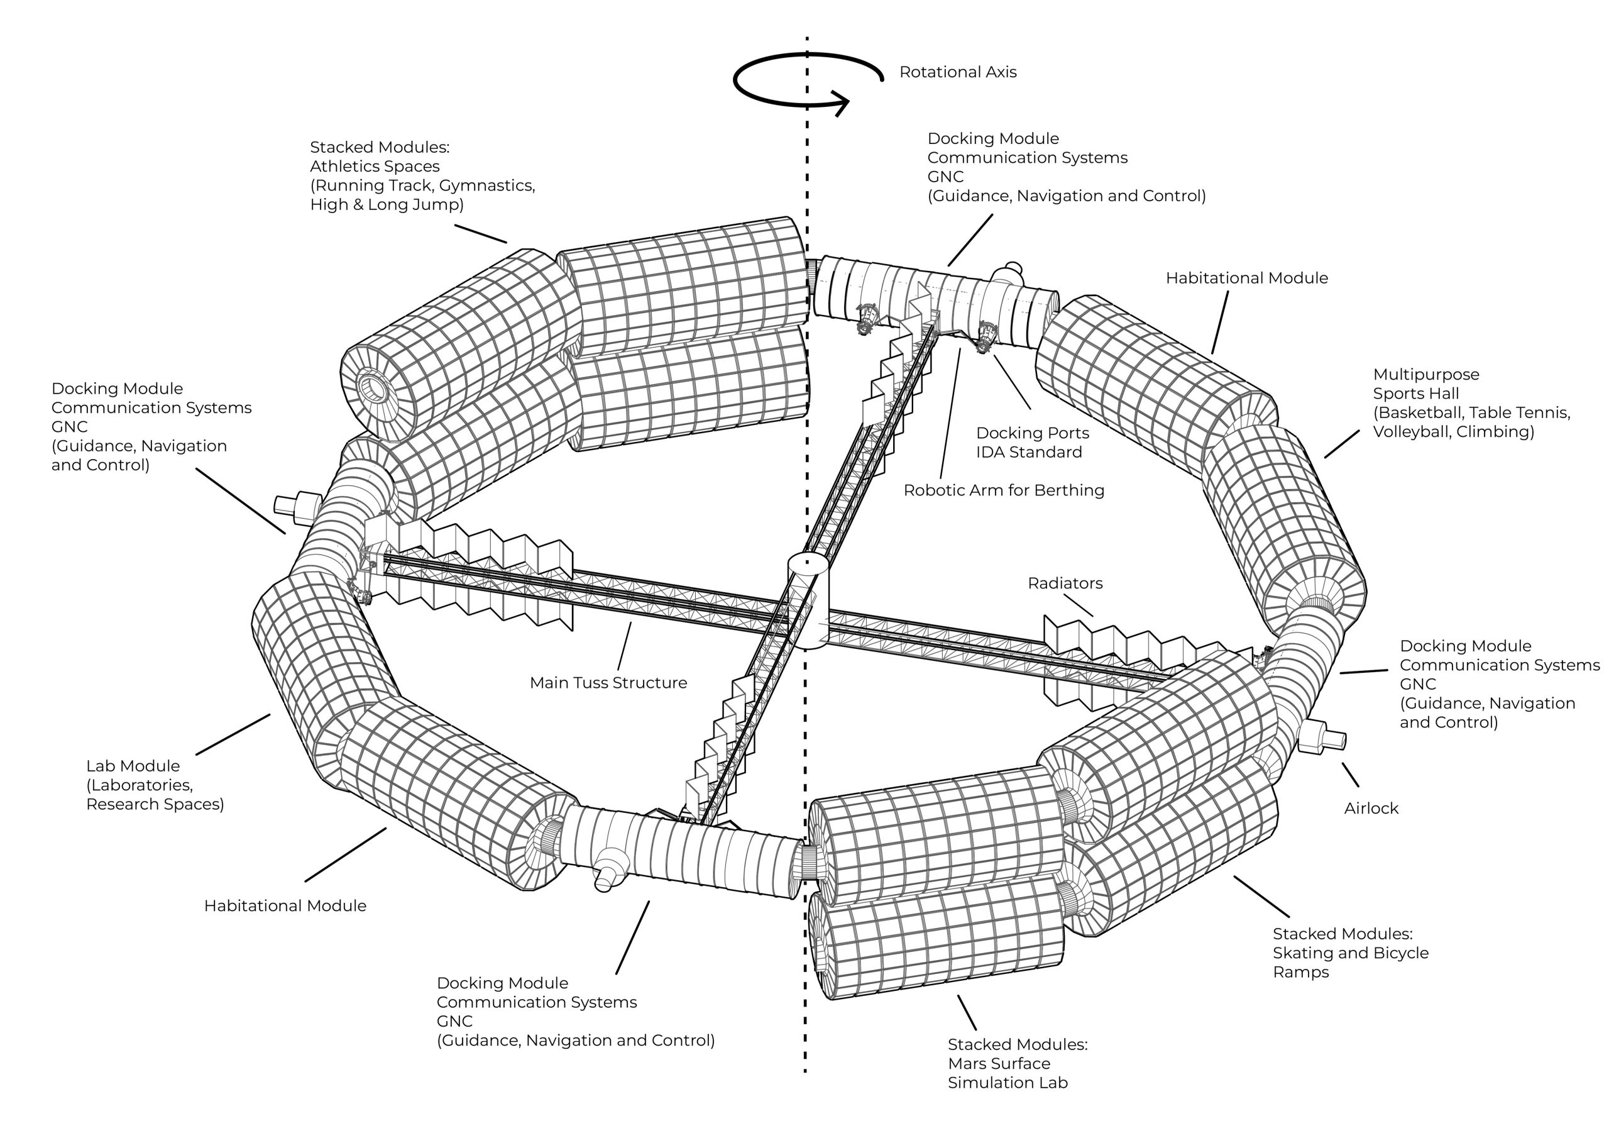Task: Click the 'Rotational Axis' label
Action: pos(957,72)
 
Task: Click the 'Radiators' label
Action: pos(1065,583)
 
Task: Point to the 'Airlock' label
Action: pos(1371,809)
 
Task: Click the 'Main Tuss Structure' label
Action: pos(608,683)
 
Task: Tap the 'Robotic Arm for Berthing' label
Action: pos(1004,491)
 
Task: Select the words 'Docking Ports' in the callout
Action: pos(1032,433)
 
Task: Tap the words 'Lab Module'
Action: pos(133,766)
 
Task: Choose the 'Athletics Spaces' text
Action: pos(375,167)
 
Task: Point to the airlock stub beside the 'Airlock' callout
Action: pos(1322,738)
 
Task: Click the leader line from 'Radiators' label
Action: pos(1079,605)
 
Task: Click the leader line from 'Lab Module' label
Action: pos(233,734)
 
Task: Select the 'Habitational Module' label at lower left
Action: pos(285,906)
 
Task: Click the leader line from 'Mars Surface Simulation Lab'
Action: pos(967,1012)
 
